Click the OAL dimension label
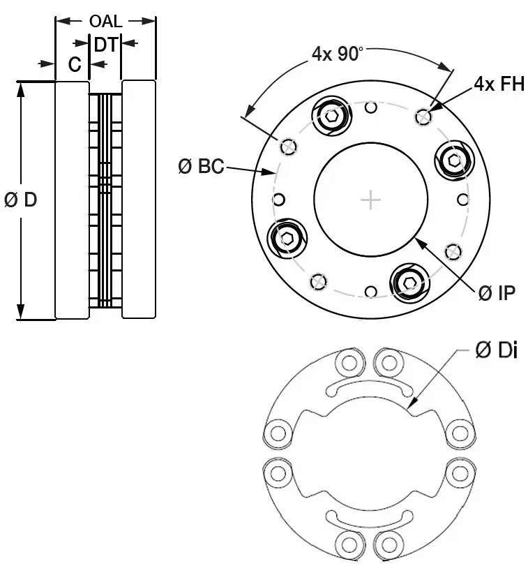tap(105, 21)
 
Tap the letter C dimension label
tap(75, 65)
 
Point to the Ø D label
tap(20, 200)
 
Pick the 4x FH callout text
tap(499, 84)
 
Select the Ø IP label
tap(497, 293)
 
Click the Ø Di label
tap(496, 351)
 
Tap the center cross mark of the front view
tap(370, 200)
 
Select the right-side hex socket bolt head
tap(455, 161)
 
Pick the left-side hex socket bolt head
tap(287, 238)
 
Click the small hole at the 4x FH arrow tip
tap(422, 117)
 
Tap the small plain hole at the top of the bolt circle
tap(371, 107)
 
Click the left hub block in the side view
tap(72, 200)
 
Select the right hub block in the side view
tap(139, 200)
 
